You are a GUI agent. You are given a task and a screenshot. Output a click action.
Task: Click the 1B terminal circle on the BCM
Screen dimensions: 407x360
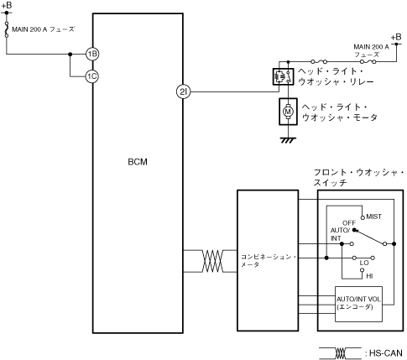[92, 54]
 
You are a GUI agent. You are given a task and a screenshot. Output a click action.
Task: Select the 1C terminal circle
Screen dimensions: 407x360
[92, 76]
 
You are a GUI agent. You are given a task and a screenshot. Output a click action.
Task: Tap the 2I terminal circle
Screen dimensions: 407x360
[183, 91]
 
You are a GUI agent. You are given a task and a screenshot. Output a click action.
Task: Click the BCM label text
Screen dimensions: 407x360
[138, 162]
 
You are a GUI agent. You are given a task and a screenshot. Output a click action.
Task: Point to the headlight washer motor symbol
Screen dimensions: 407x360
[288, 112]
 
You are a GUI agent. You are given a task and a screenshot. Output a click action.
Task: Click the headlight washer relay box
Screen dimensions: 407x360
[283, 76]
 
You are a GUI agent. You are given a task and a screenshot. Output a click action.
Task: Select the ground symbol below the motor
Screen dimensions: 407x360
[288, 140]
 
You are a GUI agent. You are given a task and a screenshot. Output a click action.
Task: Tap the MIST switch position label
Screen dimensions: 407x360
[373, 217]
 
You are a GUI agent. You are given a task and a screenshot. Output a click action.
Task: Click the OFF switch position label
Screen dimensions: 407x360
[349, 223]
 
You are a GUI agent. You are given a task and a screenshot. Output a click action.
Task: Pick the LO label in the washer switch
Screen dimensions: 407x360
[364, 263]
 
